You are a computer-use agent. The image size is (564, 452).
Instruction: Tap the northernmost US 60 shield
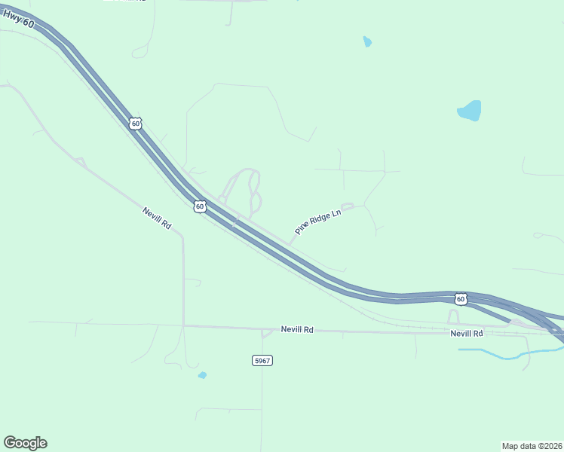[135, 123]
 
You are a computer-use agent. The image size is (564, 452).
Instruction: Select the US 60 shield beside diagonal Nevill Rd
[199, 206]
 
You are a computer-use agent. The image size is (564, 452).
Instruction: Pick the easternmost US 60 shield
[461, 299]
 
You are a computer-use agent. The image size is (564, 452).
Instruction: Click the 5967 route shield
[262, 361]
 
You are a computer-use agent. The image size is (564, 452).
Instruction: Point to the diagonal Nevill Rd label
[157, 218]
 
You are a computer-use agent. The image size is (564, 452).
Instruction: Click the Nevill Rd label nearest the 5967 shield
[297, 329]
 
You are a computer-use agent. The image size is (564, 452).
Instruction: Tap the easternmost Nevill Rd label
[466, 333]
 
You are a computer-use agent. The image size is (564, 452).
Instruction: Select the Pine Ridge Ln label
[318, 223]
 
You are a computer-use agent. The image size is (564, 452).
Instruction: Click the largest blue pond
[471, 111]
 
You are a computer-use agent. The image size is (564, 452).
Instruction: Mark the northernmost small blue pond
[367, 41]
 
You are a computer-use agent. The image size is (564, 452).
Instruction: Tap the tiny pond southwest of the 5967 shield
[202, 375]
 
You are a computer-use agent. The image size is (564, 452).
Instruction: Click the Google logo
[25, 443]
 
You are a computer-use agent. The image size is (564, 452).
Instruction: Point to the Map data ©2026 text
[532, 446]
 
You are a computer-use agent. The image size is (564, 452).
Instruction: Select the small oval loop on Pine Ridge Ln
[347, 206]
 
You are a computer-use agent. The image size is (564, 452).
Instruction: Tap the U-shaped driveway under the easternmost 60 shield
[454, 316]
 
